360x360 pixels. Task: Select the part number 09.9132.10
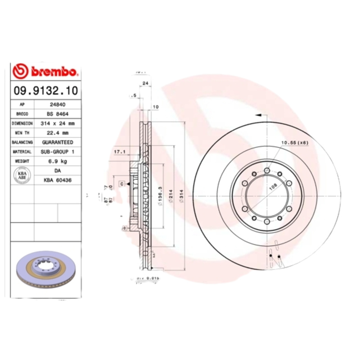coord(45,90)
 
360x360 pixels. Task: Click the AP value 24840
coord(57,104)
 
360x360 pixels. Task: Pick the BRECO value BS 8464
coord(57,114)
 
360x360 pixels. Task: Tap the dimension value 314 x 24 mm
coord(57,123)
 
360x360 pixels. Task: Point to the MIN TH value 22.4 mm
coord(57,133)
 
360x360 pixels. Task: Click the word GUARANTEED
coord(57,142)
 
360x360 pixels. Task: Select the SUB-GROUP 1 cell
coord(57,152)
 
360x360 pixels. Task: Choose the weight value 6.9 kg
coord(57,161)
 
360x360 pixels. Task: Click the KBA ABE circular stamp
coord(22,175)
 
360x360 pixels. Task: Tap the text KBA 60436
coord(57,180)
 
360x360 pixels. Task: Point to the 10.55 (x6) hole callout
coord(294,143)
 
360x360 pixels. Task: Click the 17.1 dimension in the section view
coord(119,151)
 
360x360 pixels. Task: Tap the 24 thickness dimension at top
coord(145,83)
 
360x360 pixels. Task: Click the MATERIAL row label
coord(22,152)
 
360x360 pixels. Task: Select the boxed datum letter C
coord(121,184)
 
